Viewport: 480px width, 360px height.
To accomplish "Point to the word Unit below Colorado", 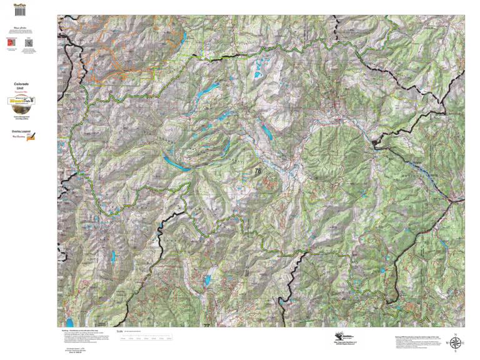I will tap(21, 89).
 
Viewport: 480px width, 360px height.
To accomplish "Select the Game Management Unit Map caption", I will tap(21, 117).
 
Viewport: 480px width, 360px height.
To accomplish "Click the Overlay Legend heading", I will tap(21, 131).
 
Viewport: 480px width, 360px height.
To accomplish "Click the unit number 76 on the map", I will tap(257, 171).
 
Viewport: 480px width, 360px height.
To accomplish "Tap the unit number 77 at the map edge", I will tap(207, 325).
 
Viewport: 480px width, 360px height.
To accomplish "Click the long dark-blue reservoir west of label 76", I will tap(177, 164).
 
